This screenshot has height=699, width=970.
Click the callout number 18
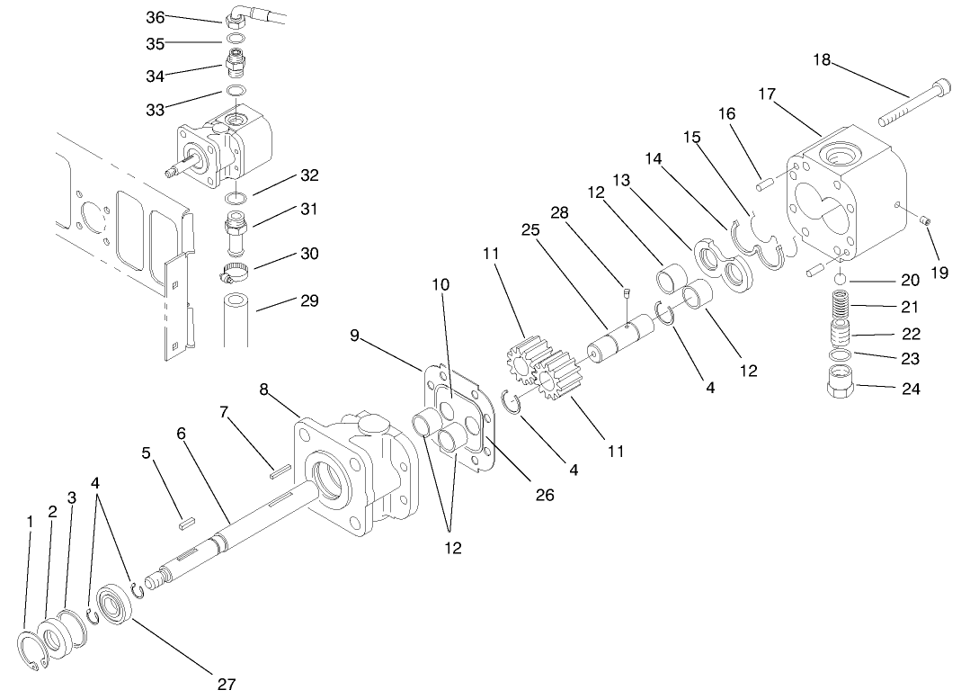coord(822,61)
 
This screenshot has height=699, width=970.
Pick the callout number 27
coord(227,683)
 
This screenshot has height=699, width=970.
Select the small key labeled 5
coord(185,517)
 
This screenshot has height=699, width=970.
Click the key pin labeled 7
coord(278,466)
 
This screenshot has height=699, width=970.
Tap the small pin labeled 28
coord(626,290)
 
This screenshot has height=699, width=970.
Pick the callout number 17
coord(767,94)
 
